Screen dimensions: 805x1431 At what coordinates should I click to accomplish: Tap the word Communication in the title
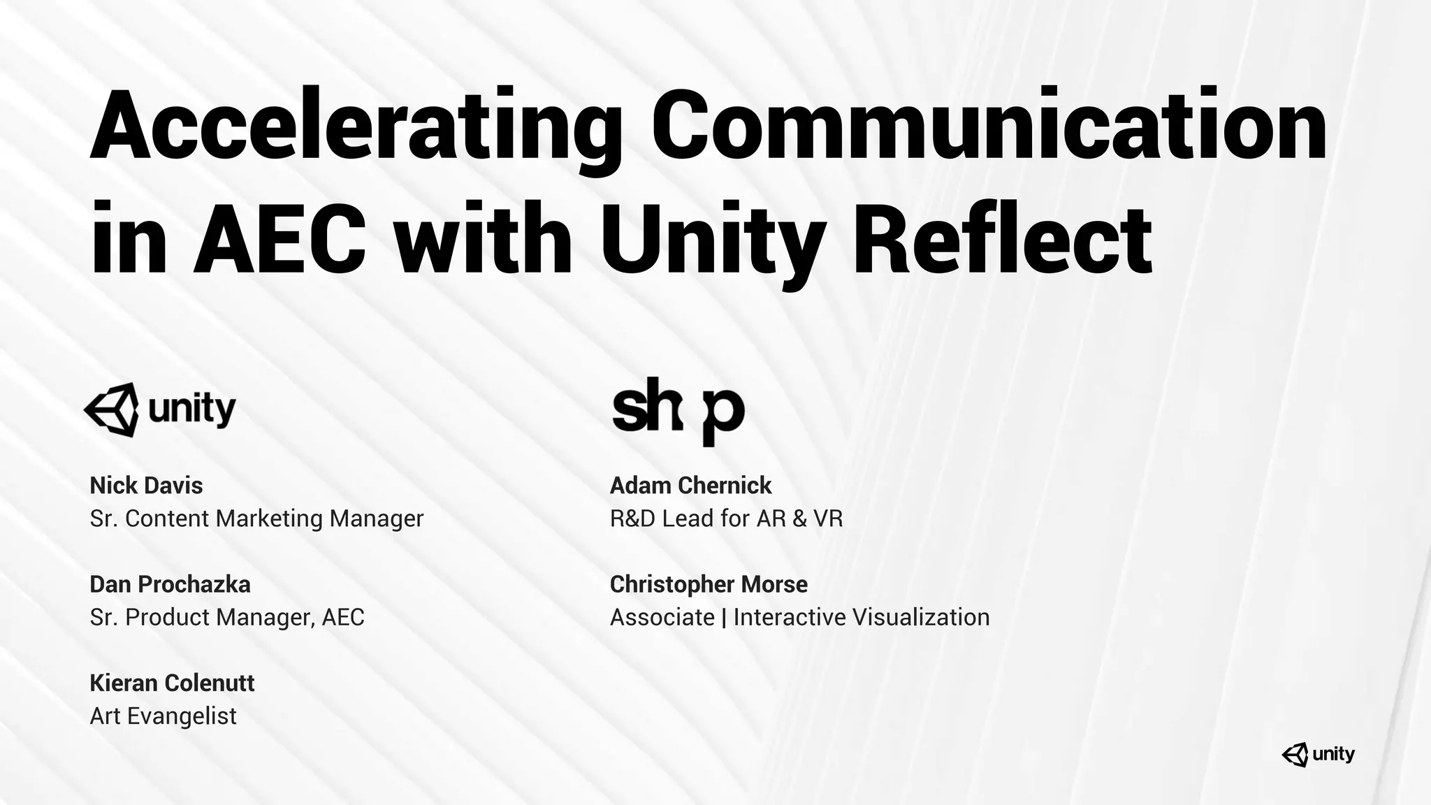click(988, 124)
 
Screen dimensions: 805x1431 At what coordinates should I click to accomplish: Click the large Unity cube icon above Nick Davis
click(111, 409)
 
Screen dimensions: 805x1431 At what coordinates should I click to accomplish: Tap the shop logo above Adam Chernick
click(678, 411)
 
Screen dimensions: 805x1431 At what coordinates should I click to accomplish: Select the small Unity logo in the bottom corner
click(1318, 754)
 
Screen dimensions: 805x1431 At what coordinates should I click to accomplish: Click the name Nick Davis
click(146, 485)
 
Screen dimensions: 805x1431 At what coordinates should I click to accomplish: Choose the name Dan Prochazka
click(170, 584)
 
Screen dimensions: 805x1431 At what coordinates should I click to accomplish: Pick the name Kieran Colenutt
click(172, 683)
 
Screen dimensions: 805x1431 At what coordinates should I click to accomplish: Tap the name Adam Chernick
click(690, 485)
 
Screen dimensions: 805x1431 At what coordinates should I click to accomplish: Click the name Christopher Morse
click(709, 584)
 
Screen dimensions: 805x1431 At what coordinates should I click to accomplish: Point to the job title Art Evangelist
click(163, 716)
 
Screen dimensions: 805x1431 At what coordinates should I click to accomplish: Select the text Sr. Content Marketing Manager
click(256, 518)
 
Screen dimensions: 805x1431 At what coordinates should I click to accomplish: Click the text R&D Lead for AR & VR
click(726, 518)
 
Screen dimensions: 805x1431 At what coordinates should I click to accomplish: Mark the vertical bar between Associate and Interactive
click(724, 618)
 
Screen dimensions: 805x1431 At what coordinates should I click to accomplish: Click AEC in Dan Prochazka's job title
click(343, 617)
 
